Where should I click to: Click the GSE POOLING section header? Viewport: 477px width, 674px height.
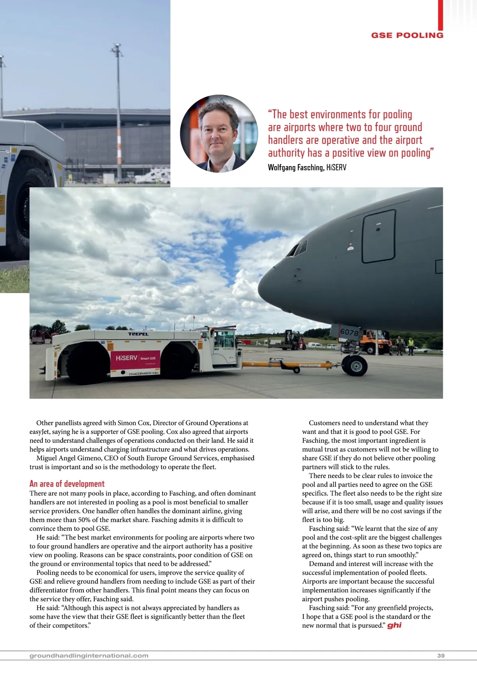click(407, 35)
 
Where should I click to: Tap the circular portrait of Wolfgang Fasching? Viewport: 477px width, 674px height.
click(219, 134)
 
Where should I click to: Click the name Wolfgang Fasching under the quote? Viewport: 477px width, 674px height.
click(296, 167)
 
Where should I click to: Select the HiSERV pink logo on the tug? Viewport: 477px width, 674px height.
click(135, 358)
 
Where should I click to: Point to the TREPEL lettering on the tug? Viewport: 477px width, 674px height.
click(138, 334)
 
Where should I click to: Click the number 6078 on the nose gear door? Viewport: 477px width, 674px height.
click(349, 332)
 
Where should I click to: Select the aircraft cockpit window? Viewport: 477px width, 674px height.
click(297, 249)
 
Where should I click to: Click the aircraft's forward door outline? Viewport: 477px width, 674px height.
click(379, 236)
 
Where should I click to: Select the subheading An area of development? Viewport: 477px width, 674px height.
click(67, 484)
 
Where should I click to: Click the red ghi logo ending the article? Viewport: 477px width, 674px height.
click(394, 625)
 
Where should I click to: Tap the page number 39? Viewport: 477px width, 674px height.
click(441, 656)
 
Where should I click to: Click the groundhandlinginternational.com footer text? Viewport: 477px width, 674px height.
click(89, 656)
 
